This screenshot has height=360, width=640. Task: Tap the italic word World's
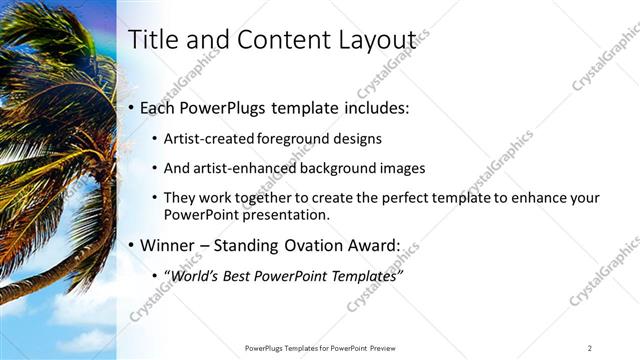click(197, 275)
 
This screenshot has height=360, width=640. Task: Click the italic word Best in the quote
click(248, 275)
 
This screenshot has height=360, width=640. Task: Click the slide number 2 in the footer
click(589, 348)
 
